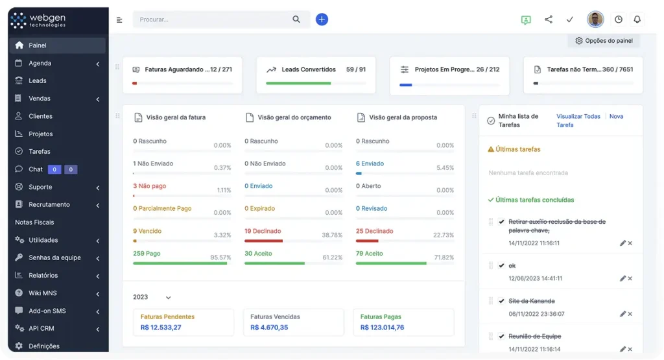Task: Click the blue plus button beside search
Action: (322, 19)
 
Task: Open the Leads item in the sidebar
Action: (38, 81)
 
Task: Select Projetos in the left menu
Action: (40, 134)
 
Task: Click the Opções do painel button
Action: (604, 41)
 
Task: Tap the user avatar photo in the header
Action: (595, 19)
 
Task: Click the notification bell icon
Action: (637, 19)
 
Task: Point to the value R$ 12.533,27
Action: (161, 328)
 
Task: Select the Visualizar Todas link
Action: (578, 117)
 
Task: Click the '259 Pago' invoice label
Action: (147, 254)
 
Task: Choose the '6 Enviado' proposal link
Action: (370, 163)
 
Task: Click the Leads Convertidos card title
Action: (309, 69)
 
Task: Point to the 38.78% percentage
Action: (332, 235)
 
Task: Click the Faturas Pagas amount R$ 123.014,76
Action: (382, 328)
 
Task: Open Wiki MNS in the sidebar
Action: (43, 293)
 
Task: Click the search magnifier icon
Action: (296, 19)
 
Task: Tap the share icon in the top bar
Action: (549, 19)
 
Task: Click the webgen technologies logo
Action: (39, 20)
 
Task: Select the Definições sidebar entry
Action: (44, 346)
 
